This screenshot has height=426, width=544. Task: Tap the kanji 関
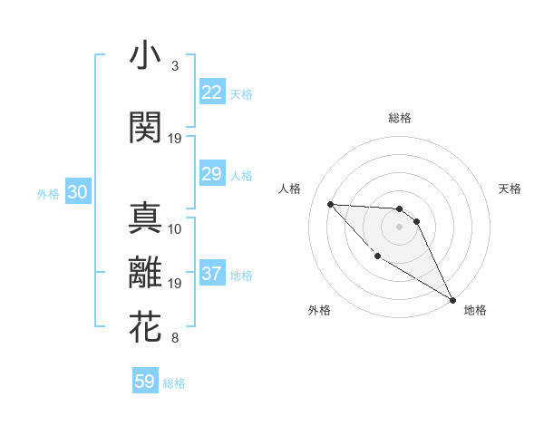(x=145, y=127)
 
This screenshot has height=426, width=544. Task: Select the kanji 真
(x=145, y=218)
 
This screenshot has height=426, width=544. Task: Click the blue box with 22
(x=211, y=92)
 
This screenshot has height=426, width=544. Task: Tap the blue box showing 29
(x=211, y=174)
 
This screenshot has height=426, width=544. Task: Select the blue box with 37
(x=211, y=274)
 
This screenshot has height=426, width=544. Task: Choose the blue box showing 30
(x=77, y=192)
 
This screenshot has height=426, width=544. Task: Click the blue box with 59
(x=145, y=382)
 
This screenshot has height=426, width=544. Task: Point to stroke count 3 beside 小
(x=174, y=66)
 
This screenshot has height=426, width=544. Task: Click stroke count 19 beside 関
(x=175, y=138)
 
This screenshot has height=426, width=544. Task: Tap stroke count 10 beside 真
(x=175, y=228)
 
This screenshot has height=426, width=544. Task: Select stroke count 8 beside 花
(x=174, y=339)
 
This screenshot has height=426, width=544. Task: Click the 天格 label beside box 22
(x=241, y=94)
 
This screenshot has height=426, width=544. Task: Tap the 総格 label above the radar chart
(x=399, y=118)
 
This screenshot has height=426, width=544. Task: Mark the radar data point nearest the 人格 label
(x=330, y=204)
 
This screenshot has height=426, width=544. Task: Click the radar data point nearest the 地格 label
(x=453, y=300)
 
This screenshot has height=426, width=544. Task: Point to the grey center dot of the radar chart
(x=399, y=227)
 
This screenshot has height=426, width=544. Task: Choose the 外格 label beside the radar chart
(x=319, y=311)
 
